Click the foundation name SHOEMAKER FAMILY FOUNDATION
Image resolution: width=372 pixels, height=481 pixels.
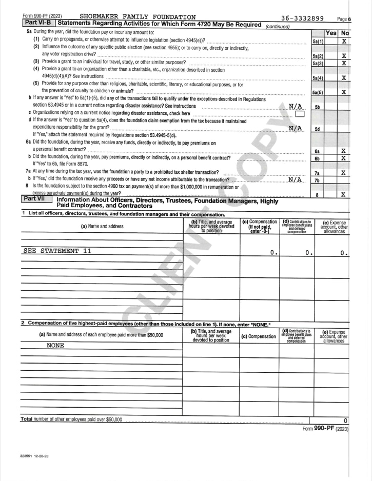point(138,17)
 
